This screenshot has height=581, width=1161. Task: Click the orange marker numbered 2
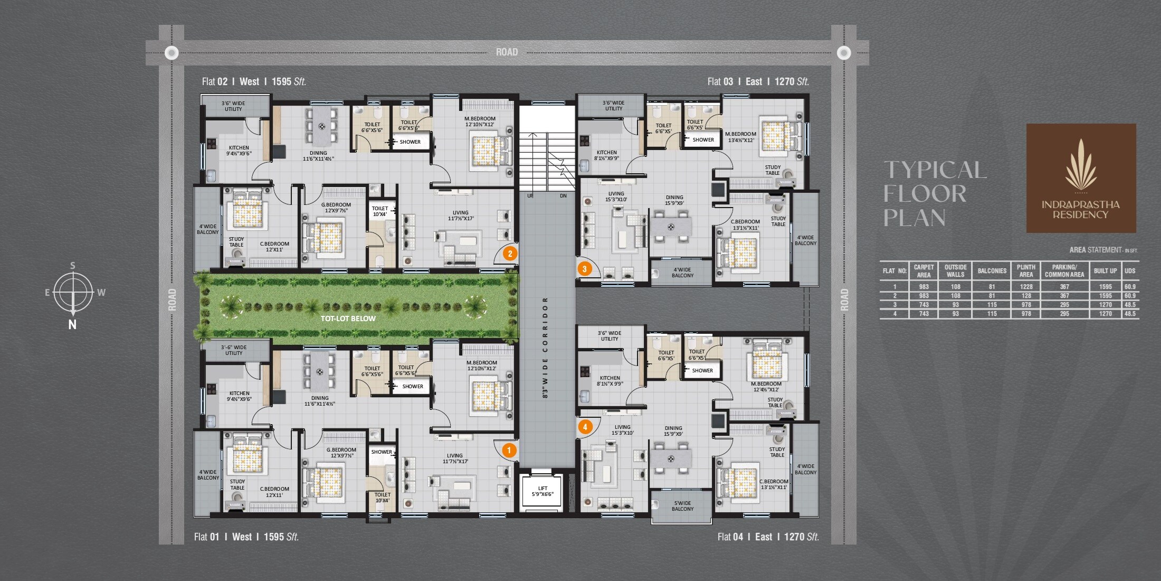pos(510,254)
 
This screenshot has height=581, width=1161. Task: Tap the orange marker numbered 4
pos(585,427)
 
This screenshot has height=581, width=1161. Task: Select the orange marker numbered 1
pos(509,450)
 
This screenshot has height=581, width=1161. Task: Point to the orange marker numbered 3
pos(584,269)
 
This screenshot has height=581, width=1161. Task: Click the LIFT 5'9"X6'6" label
pos(543,492)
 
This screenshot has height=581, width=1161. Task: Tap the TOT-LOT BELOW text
pos(348,318)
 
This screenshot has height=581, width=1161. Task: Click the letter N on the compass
pos(72,325)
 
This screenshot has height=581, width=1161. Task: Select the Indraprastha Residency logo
pos(1081,178)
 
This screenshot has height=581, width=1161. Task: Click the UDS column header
pos(1130,271)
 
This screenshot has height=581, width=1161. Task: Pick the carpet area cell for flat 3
pos(924,305)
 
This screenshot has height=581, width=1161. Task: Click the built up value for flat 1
pos(1105,287)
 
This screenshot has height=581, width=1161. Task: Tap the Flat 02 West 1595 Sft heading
pos(254,82)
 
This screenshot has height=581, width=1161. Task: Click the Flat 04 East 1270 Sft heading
pos(768,537)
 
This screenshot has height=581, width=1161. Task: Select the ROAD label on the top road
pos(507,52)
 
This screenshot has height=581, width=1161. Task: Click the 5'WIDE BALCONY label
pos(682,506)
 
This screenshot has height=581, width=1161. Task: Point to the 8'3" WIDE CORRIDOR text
pos(545,347)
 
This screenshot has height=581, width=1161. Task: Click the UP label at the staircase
pos(530,196)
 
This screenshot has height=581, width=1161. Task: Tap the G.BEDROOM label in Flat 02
pos(336,208)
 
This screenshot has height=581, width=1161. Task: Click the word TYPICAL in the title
pos(935,170)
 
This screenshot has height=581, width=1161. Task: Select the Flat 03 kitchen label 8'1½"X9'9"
pos(606,155)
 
